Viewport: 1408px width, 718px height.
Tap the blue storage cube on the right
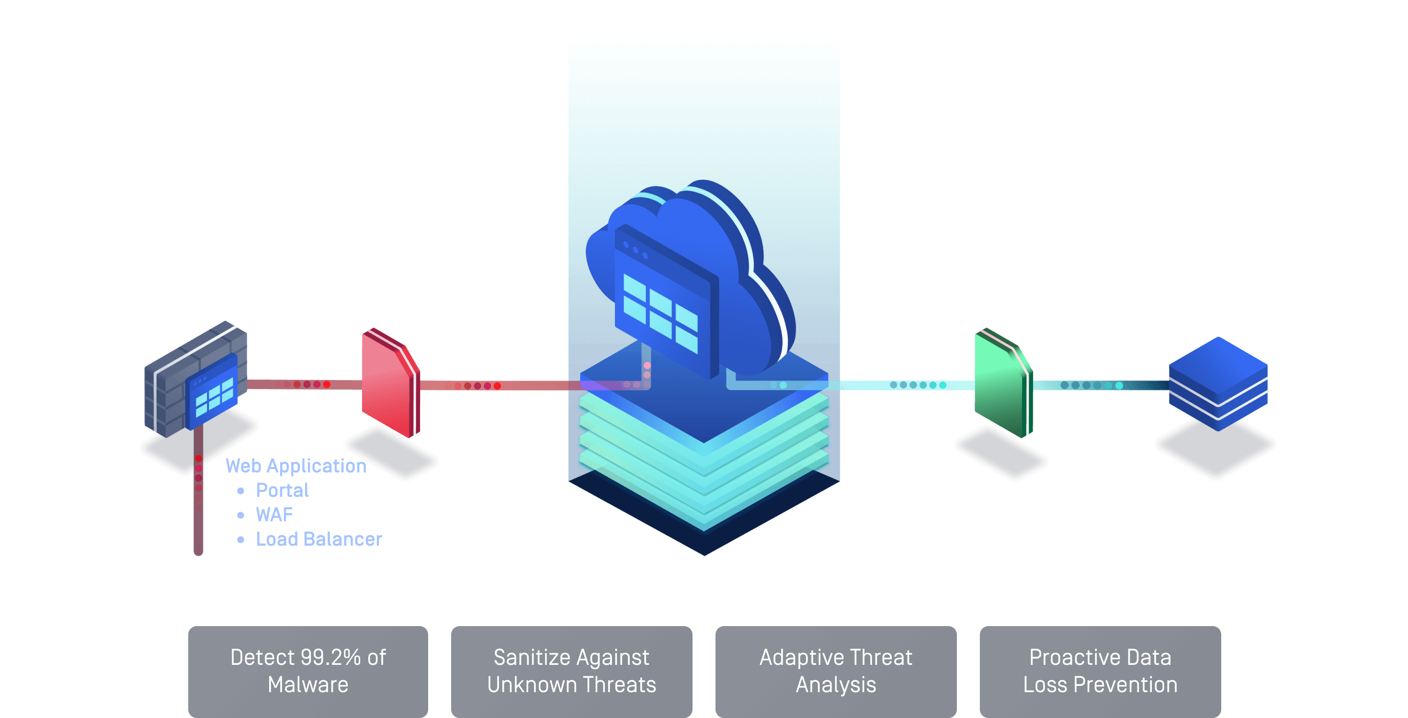coord(1218,384)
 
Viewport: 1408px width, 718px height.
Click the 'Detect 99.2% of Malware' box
coord(308,671)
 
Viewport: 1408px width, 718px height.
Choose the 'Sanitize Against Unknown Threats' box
coord(571,671)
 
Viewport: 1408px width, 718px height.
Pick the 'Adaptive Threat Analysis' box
coord(836,671)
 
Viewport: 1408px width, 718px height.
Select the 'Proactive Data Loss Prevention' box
coord(1100,671)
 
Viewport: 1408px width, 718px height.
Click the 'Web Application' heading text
coord(295,466)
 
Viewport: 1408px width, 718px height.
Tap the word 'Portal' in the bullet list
coord(282,490)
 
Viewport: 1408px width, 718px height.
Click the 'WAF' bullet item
coord(274,515)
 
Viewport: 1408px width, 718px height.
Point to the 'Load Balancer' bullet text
coord(318,539)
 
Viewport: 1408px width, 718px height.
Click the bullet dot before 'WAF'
coord(240,515)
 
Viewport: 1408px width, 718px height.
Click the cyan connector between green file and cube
coord(1099,385)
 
